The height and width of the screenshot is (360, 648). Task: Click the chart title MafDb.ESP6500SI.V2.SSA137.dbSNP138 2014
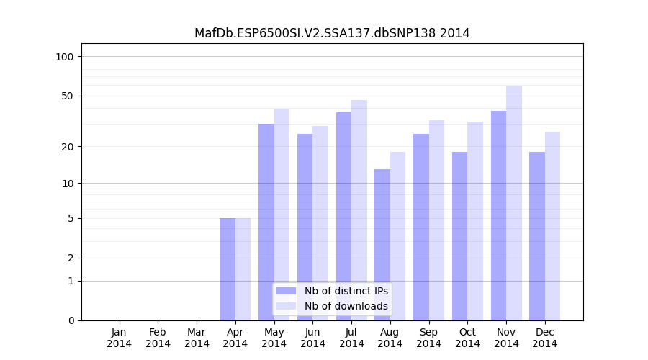pos(332,33)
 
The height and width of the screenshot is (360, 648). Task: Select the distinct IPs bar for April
pos(228,269)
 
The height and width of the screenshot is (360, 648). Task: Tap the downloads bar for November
pos(514,203)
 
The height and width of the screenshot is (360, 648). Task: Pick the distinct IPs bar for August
pos(382,245)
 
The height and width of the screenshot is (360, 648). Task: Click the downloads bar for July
pos(359,210)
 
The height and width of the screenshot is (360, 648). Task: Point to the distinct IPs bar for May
pos(266,222)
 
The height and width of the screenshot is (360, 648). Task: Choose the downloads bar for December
pos(552,226)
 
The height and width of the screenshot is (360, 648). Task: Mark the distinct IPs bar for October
pos(459,236)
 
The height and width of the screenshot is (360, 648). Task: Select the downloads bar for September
pos(436,220)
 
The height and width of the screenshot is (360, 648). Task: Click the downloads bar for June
pos(320,223)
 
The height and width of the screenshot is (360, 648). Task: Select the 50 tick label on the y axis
pos(68,96)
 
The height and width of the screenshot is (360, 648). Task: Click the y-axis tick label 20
pos(68,147)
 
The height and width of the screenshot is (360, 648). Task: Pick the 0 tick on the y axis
pos(71,320)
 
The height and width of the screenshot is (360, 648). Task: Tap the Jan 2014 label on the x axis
pos(120,338)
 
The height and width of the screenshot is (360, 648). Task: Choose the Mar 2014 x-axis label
pos(197,338)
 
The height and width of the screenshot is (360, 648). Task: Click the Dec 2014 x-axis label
pos(544,338)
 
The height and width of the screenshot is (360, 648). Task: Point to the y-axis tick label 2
pos(71,258)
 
